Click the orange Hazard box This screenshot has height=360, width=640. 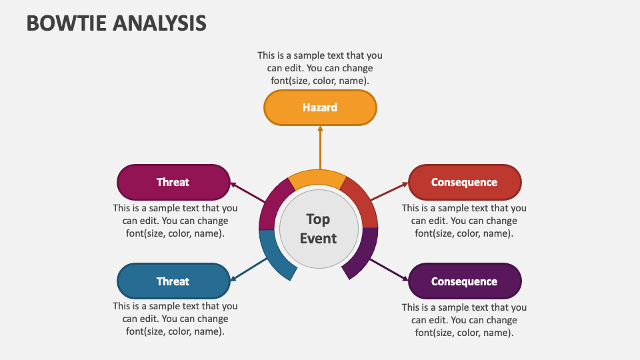coord(320,107)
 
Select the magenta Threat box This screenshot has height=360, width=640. coord(173,182)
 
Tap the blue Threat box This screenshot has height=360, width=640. coord(173,281)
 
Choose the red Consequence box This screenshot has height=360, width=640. coord(464,182)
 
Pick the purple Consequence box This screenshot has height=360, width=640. coord(464,281)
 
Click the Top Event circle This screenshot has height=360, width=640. coord(318,229)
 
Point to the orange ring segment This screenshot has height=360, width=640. coord(318,178)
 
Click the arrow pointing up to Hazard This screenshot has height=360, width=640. coord(320,148)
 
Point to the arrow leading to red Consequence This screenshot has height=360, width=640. coord(389,191)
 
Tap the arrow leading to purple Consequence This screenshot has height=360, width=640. coord(389,269)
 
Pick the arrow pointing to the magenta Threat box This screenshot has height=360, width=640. coord(247,193)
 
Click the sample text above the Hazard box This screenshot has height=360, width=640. coord(320,68)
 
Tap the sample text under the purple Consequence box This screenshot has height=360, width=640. coord(464,320)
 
